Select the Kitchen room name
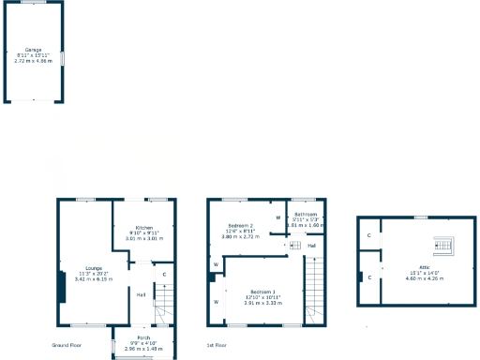pos(143,228)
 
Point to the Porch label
pos(143,337)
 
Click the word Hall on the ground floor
pos(141,295)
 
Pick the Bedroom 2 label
pos(241,226)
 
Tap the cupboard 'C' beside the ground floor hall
pos(164,275)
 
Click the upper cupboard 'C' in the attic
pos(369,235)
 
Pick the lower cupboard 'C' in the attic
pos(369,278)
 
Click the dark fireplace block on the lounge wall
pos(63,287)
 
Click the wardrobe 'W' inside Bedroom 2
pos(278,217)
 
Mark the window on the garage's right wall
pos(63,58)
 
